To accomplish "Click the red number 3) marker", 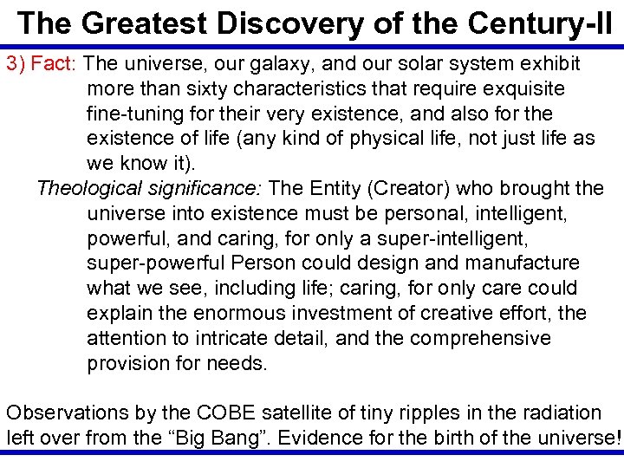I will pos(16,64).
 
